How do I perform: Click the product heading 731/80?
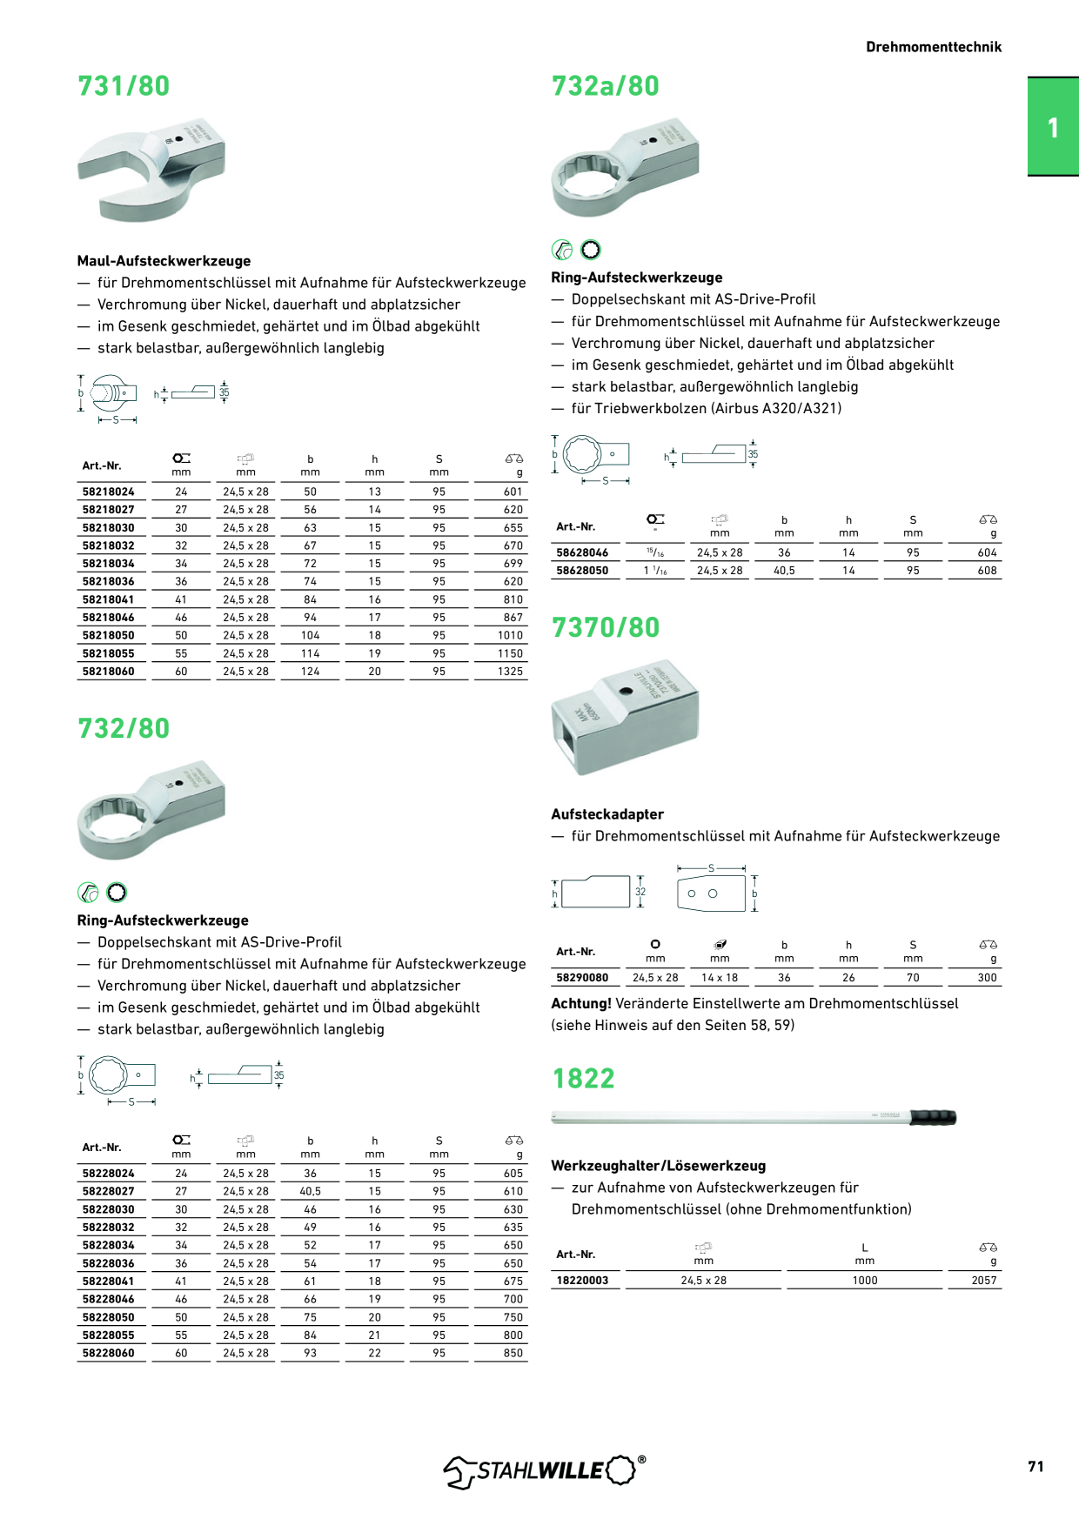click(124, 86)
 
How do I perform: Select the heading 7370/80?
click(606, 627)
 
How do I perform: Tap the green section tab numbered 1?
click(1053, 127)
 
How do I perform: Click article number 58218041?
click(109, 599)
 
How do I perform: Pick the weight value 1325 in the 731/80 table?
click(511, 672)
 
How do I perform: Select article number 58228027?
click(109, 1192)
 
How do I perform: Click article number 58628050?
click(582, 571)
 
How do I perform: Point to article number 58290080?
click(582, 978)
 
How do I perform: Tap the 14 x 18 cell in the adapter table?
click(720, 978)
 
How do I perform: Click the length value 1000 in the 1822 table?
click(865, 1281)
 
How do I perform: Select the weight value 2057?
click(984, 1281)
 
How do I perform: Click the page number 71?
click(1035, 1467)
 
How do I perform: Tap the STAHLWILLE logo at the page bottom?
click(545, 1470)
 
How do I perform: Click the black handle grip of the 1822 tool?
click(933, 1117)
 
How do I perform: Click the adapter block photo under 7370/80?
click(625, 717)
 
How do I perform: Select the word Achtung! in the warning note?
click(581, 1003)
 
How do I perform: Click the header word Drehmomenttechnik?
click(934, 47)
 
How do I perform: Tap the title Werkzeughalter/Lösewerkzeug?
click(659, 1166)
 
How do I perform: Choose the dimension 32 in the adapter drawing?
click(640, 892)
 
